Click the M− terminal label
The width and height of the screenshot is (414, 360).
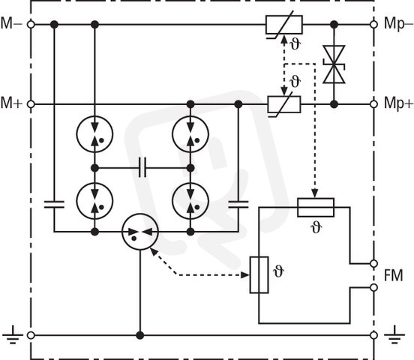pyautogui.click(x=11, y=23)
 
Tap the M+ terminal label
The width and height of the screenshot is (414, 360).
pyautogui.click(x=11, y=103)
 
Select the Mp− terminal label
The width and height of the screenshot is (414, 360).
pyautogui.click(x=398, y=24)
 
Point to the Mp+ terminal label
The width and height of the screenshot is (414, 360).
pyautogui.click(x=398, y=103)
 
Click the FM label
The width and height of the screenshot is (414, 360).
pyautogui.click(x=394, y=275)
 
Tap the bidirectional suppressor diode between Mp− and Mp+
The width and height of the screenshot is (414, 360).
pyautogui.click(x=334, y=64)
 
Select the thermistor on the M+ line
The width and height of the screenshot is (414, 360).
pyautogui.click(x=284, y=104)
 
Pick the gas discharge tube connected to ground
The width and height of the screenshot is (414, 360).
pyautogui.click(x=140, y=232)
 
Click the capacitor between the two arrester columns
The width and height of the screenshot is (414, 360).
pyautogui.click(x=142, y=167)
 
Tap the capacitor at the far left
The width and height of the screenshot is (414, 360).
pyautogui.click(x=54, y=205)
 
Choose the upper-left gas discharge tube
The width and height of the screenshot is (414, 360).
pyautogui.click(x=94, y=134)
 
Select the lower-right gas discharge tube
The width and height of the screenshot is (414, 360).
pyautogui.click(x=190, y=201)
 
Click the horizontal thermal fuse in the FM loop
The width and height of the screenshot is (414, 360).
pyautogui.click(x=316, y=208)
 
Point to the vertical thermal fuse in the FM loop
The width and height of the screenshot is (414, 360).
pyautogui.click(x=259, y=275)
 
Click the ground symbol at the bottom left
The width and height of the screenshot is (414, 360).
pyautogui.click(x=13, y=335)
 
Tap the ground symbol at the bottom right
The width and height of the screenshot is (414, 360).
pyautogui.click(x=394, y=335)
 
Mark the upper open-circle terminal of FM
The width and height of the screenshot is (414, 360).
pyautogui.click(x=373, y=263)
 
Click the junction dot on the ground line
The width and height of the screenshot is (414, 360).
pyautogui.click(x=140, y=335)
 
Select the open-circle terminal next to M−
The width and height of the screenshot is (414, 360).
pyautogui.click(x=31, y=25)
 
